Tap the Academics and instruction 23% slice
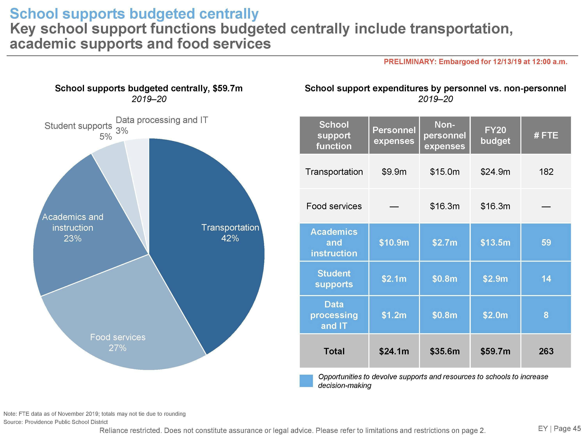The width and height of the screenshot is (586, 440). (x=77, y=233)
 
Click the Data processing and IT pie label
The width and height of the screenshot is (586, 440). (x=162, y=120)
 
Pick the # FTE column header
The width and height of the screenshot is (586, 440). (x=546, y=135)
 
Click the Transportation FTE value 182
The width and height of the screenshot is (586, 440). (x=546, y=172)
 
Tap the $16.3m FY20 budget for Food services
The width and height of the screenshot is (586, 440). (x=495, y=206)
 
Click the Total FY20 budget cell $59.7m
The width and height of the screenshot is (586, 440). (x=495, y=351)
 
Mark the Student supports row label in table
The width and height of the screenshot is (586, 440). (x=334, y=279)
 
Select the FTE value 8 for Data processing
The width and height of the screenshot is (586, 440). (x=546, y=315)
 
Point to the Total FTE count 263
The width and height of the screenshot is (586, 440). (x=546, y=351)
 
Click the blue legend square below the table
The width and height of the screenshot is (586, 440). (x=306, y=381)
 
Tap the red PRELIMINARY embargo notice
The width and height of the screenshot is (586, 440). (x=475, y=62)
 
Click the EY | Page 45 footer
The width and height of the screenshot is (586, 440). (x=559, y=428)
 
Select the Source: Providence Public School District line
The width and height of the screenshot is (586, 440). (x=56, y=422)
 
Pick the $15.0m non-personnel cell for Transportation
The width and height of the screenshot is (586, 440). (x=445, y=172)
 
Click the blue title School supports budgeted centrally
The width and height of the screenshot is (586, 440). (x=134, y=14)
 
